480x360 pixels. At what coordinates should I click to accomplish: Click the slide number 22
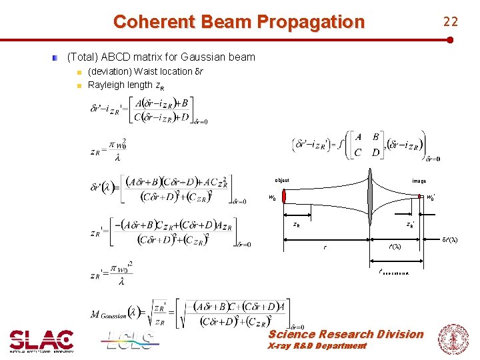click(x=451, y=22)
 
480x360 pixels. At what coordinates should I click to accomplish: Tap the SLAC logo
click(x=41, y=340)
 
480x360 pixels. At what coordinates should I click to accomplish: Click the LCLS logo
click(x=131, y=340)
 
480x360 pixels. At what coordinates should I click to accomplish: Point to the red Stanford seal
click(x=453, y=339)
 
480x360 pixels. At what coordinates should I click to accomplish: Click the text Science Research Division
click(x=345, y=334)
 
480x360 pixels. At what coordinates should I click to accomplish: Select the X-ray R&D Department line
click(x=317, y=346)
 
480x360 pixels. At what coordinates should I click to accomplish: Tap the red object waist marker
click(x=283, y=197)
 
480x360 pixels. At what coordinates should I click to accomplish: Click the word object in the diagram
click(x=282, y=181)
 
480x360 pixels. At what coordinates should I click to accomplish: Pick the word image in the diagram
click(x=419, y=181)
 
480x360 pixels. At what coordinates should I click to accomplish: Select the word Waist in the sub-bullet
click(x=147, y=71)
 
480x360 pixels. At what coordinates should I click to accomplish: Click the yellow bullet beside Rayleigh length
click(x=79, y=85)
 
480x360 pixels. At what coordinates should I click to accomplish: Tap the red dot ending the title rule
click(x=451, y=40)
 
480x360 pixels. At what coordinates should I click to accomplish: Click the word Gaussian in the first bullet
click(x=209, y=57)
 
